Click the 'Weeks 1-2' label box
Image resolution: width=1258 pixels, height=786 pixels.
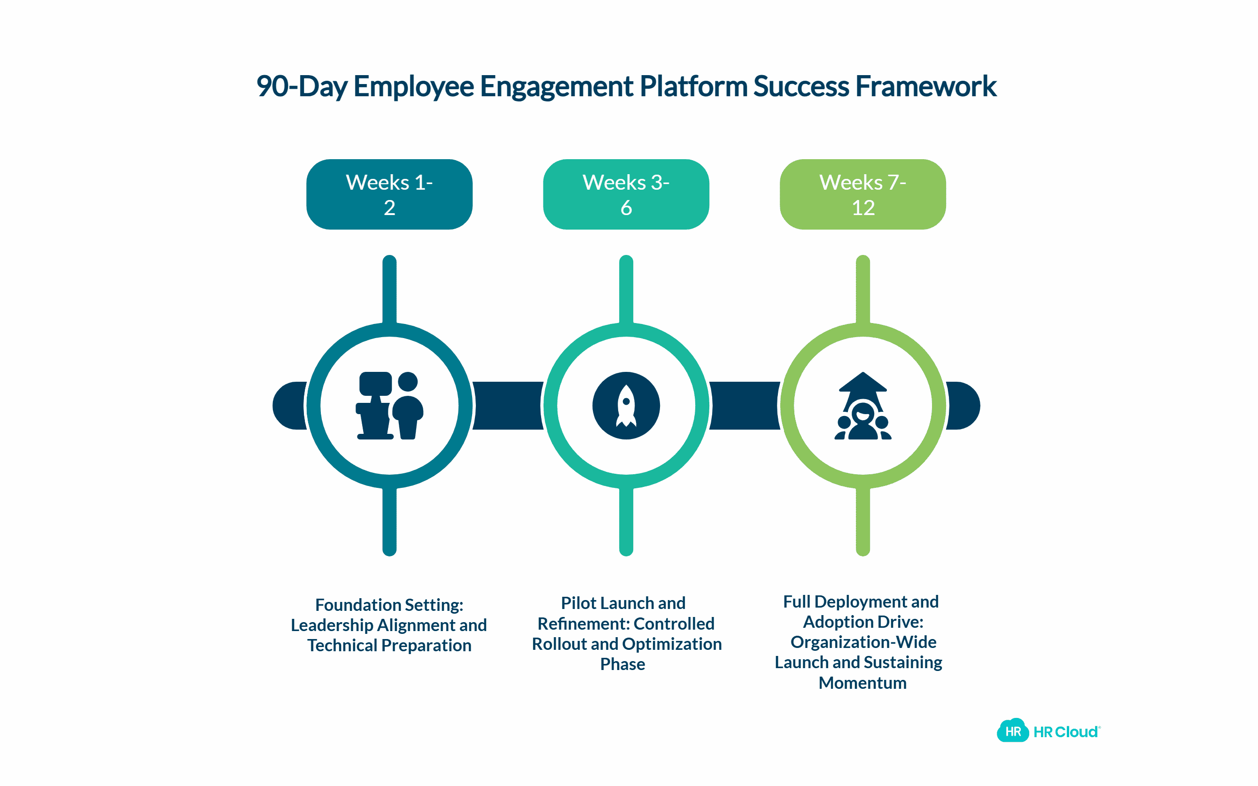(x=389, y=194)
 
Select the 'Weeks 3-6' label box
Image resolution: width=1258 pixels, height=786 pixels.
(x=626, y=194)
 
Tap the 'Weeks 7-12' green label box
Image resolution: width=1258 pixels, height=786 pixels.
(x=862, y=194)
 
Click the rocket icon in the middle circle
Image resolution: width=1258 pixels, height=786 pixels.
(x=626, y=406)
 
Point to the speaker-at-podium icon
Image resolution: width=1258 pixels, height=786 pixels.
(x=389, y=406)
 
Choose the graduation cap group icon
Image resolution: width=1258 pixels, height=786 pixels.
(x=862, y=406)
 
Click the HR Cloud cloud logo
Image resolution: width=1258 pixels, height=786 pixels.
(x=1012, y=731)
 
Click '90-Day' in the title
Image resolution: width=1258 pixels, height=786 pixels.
(x=302, y=86)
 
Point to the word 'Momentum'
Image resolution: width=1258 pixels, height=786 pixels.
(x=862, y=683)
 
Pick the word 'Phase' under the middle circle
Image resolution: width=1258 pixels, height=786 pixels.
(x=622, y=664)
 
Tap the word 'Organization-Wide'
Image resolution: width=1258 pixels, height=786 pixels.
(x=863, y=642)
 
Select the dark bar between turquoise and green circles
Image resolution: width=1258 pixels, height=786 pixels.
(x=744, y=406)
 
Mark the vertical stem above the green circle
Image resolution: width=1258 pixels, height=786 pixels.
(x=862, y=288)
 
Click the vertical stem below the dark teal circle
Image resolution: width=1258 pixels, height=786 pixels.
(x=389, y=521)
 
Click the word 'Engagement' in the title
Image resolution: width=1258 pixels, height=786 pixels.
(x=556, y=86)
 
